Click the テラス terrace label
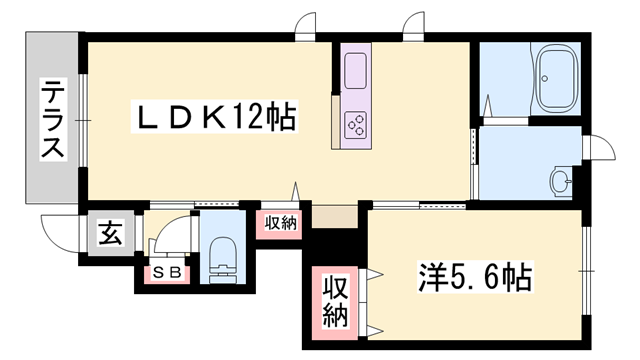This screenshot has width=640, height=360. pyautogui.click(x=53, y=121)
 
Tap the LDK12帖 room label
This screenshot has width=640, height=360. pyautogui.click(x=215, y=118)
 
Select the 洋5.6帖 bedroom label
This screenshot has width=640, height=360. pyautogui.click(x=476, y=273)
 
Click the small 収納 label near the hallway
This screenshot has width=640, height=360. pyautogui.click(x=281, y=223)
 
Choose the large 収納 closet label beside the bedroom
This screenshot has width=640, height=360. pyautogui.click(x=334, y=302)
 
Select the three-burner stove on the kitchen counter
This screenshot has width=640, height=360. pyautogui.click(x=357, y=125)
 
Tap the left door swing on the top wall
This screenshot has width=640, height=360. pyautogui.click(x=307, y=25)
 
